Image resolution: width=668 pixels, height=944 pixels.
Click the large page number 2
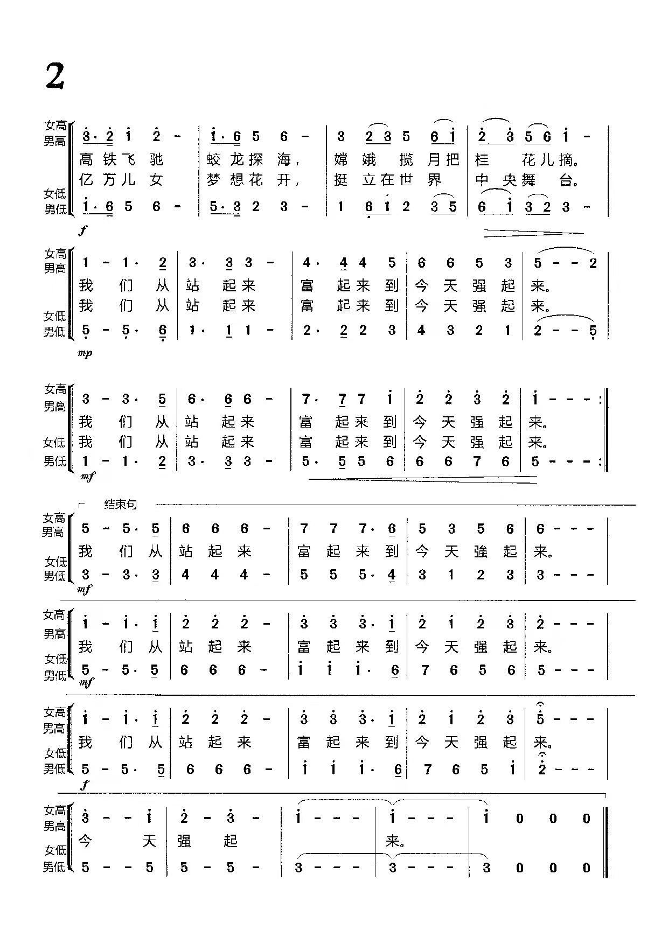point(55,76)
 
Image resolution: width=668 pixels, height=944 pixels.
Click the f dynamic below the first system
point(82,230)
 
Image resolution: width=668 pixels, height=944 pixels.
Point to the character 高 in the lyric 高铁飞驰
point(86,160)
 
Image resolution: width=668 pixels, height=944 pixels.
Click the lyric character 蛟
point(214,160)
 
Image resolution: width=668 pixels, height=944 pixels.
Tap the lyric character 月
point(434,160)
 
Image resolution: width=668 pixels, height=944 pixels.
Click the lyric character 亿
point(86,180)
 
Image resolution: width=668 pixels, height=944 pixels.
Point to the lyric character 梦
point(214,180)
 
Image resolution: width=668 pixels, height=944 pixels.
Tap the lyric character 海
point(284,160)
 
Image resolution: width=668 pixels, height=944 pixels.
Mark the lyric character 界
point(434,180)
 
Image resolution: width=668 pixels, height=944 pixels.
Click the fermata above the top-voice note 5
point(540,705)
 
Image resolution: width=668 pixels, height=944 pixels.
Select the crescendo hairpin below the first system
point(533,234)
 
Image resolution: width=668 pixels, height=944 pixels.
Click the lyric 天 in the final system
point(149,841)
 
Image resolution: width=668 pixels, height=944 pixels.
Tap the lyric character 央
point(509,180)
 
